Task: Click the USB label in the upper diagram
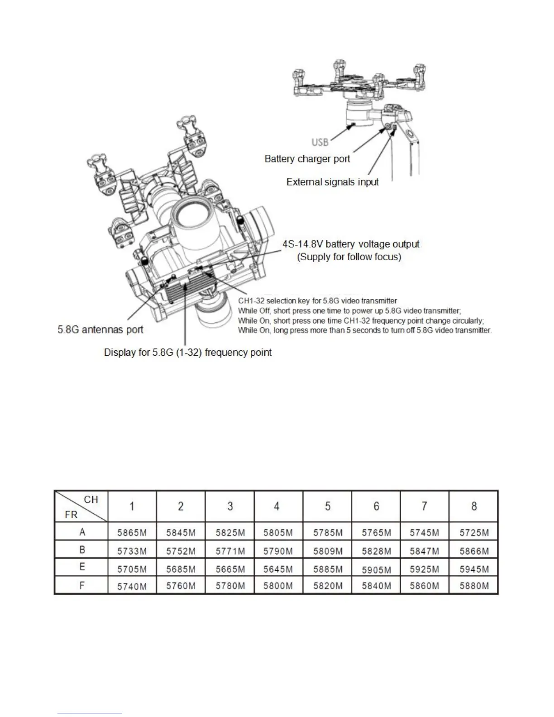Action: [320, 142]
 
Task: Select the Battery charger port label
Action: [307, 159]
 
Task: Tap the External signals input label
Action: [333, 182]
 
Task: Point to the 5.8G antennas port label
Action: [100, 330]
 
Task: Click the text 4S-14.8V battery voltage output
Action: [351, 244]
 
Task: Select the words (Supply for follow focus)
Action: [349, 257]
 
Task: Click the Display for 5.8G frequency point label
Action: [188, 353]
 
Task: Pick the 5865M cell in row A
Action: [132, 532]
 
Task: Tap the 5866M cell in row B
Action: [474, 551]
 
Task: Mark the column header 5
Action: [327, 506]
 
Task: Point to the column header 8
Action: [474, 506]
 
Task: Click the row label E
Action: [82, 567]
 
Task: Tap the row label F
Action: [82, 585]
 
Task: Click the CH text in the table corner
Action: [91, 499]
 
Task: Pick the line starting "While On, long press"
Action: [365, 330]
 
